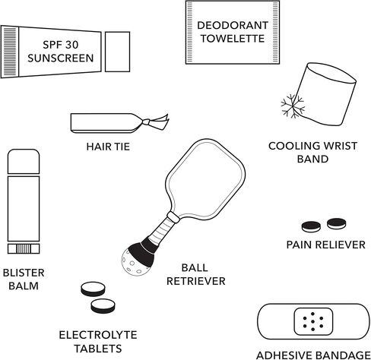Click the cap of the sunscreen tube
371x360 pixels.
pos(117,52)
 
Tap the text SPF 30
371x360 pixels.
pos(61,45)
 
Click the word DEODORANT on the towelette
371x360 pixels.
pos(233,25)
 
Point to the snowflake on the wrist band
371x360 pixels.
pos(293,106)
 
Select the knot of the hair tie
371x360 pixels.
pos(146,122)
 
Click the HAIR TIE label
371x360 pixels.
pos(108,147)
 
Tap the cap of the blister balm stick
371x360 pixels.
pos(24,162)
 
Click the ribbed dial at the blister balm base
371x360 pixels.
pos(24,249)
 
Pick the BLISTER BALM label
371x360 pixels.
pos(24,279)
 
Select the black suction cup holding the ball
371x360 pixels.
pos(143,251)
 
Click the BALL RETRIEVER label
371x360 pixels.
pos(195,274)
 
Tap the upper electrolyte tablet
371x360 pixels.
pos(93,289)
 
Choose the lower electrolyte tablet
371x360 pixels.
pos(103,305)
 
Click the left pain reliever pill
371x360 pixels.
pos(311,226)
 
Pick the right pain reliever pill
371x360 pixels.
pos(336,223)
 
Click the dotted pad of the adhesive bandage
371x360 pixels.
pos(313,321)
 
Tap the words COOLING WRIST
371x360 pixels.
pos(312,146)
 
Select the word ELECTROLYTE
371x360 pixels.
pos(98,335)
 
